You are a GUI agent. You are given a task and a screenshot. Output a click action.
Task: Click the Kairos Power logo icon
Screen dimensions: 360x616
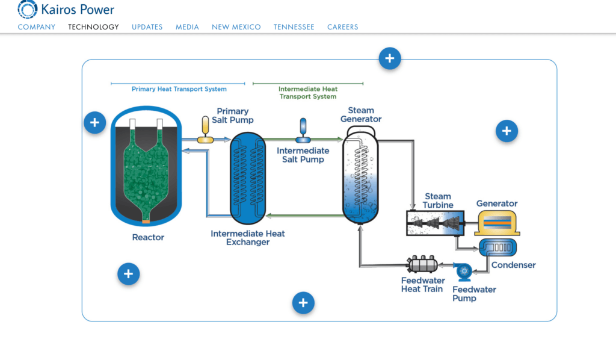(28, 9)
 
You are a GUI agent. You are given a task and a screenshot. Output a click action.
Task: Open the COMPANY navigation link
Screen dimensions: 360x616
(37, 27)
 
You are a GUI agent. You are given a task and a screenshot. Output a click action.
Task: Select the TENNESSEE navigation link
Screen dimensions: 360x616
(294, 27)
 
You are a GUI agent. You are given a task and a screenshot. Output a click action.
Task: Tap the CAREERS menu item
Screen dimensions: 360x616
(342, 27)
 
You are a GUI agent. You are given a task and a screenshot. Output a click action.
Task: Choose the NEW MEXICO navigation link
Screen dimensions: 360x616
(236, 27)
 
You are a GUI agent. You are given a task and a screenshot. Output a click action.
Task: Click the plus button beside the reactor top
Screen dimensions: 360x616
(94, 123)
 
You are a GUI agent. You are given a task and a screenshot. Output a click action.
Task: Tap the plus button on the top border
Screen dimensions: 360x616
(390, 58)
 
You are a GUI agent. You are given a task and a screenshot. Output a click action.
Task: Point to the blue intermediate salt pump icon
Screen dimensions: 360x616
(303, 131)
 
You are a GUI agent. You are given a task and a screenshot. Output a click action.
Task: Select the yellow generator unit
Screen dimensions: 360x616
(497, 223)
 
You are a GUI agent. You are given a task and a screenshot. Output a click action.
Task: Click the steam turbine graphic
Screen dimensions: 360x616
(434, 222)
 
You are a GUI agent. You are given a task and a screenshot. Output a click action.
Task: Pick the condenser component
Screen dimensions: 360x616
(497, 247)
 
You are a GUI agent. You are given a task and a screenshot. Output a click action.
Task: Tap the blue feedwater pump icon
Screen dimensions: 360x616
(464, 272)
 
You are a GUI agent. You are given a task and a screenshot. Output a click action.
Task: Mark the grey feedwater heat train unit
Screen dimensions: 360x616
(422, 264)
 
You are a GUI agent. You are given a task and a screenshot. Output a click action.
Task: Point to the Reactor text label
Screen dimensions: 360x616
(148, 238)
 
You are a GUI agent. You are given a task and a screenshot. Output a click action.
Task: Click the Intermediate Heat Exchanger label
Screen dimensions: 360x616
(248, 238)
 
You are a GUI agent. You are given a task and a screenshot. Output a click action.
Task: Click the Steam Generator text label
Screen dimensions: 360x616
(361, 114)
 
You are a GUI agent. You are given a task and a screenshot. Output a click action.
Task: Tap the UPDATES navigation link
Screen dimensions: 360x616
(147, 27)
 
